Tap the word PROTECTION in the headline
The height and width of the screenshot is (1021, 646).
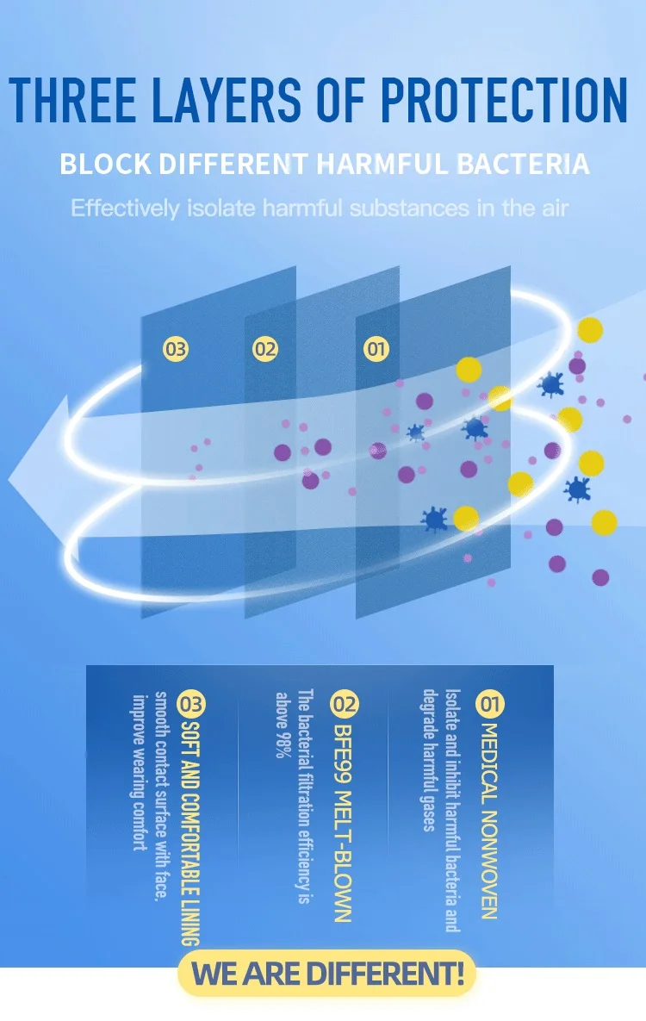point(504,101)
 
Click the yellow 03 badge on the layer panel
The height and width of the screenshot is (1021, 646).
point(176,349)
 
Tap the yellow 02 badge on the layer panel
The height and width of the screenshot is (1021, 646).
point(265,349)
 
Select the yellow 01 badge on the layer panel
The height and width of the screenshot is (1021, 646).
point(376,349)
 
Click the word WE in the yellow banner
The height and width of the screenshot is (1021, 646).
point(214,974)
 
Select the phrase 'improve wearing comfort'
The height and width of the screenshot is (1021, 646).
point(136,771)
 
